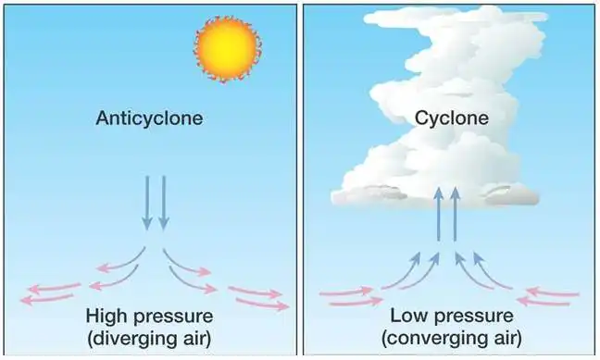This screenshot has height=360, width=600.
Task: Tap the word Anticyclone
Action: (149, 119)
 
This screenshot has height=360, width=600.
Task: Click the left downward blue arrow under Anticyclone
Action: (146, 203)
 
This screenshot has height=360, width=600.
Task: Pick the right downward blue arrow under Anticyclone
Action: (164, 203)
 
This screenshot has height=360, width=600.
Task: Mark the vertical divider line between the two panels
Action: (301, 180)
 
